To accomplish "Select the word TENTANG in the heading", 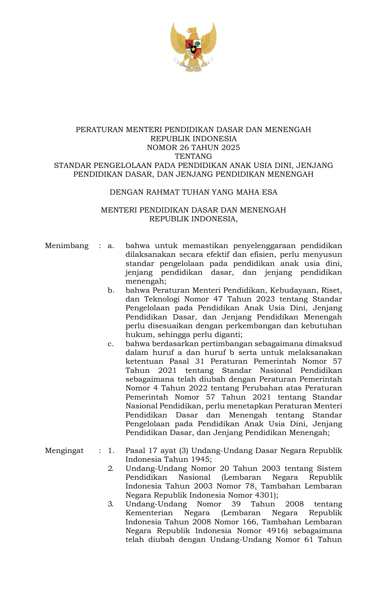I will click(193, 157).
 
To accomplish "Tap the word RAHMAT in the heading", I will click(161, 192).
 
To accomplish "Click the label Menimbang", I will click(67, 246).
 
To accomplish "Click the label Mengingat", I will click(64, 451).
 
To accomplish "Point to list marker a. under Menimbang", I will click(111, 246).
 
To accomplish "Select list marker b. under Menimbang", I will click(111, 291).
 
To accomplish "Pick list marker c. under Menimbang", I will click(111, 344).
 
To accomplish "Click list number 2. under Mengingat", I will click(111, 468).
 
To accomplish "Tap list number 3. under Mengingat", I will click(111, 504).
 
